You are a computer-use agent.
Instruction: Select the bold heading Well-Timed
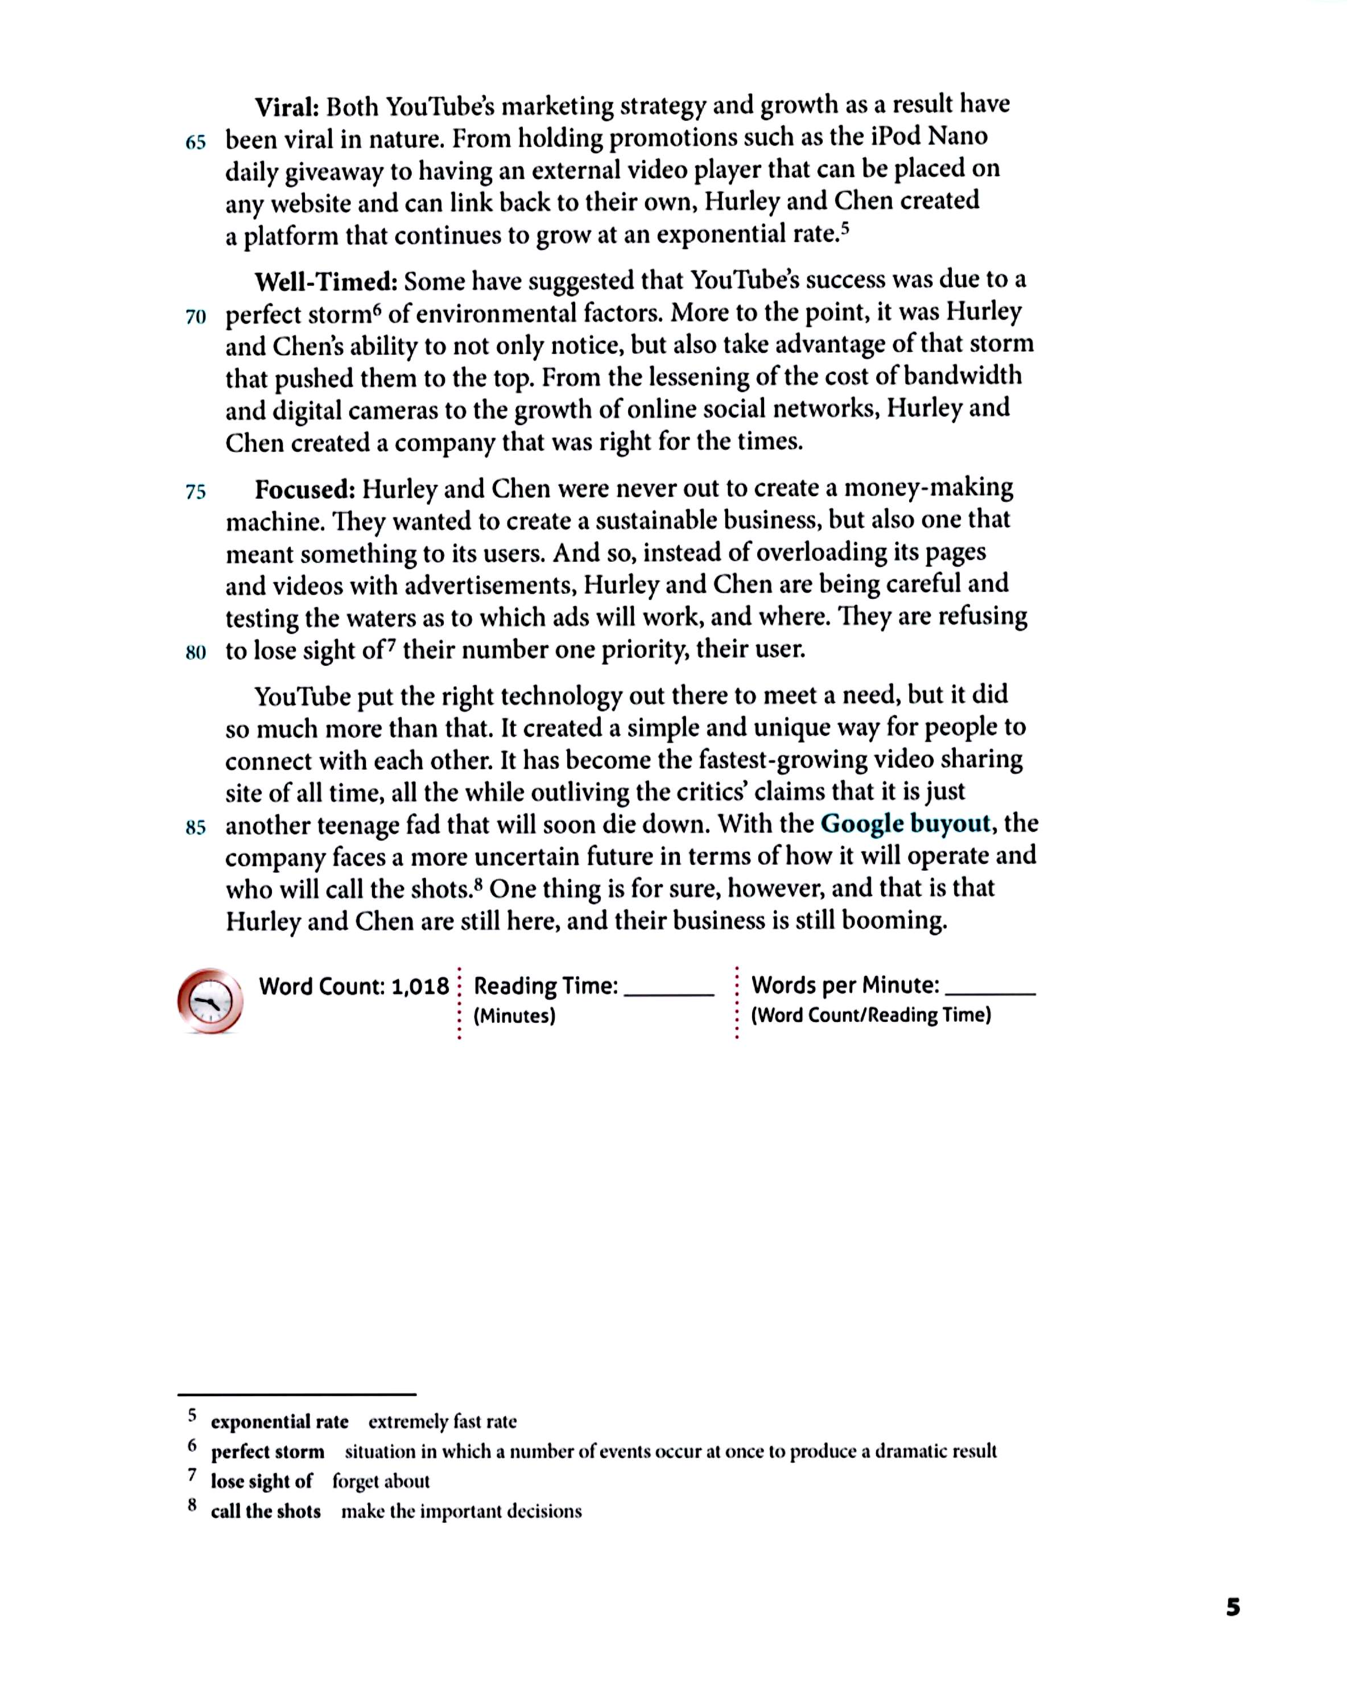(325, 281)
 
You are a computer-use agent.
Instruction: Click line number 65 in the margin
(196, 142)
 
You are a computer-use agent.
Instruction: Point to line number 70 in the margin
(196, 318)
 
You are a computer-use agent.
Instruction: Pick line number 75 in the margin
(196, 492)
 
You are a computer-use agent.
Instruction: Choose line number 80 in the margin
(196, 653)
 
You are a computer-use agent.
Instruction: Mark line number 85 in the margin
(196, 828)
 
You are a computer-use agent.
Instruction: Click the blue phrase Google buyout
(905, 824)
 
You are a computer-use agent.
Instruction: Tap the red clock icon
(211, 1001)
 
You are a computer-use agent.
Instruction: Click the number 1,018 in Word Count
(420, 987)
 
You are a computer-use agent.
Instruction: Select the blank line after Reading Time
(669, 993)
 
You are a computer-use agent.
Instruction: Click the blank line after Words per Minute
(990, 992)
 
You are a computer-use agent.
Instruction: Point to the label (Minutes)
(514, 1016)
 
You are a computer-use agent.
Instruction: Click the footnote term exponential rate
(279, 1422)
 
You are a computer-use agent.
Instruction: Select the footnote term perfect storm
(267, 1452)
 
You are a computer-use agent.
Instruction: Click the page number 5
(1233, 1607)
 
